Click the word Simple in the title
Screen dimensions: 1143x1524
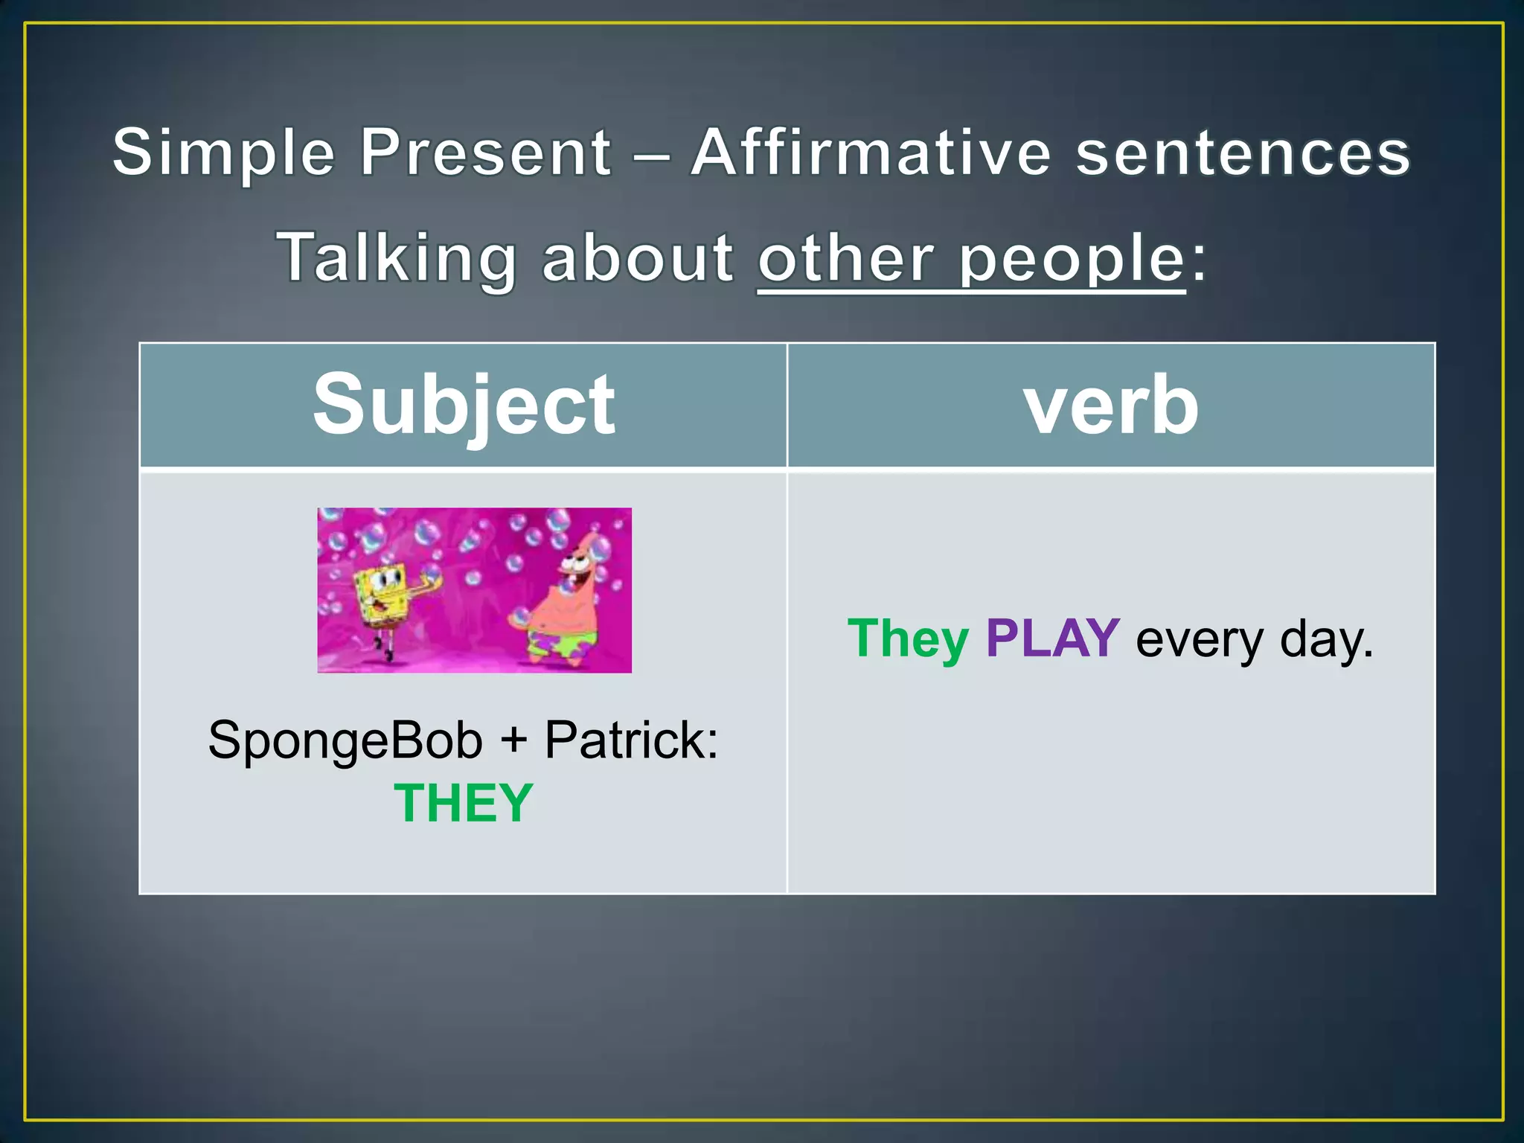pos(224,153)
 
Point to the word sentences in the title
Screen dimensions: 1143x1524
pos(1243,153)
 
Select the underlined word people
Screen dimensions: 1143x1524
pos(1071,260)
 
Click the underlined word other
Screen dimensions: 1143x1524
pos(845,258)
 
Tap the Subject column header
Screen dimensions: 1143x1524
pos(464,406)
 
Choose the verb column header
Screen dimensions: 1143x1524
pos(1111,406)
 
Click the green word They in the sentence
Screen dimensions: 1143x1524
pos(908,638)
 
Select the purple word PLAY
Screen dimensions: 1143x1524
pos(1052,638)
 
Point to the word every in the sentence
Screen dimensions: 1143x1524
pos(1199,640)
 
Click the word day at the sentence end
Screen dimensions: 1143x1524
pos(1325,640)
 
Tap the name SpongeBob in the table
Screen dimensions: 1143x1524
pos(345,741)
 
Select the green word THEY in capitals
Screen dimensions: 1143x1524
pos(464,803)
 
